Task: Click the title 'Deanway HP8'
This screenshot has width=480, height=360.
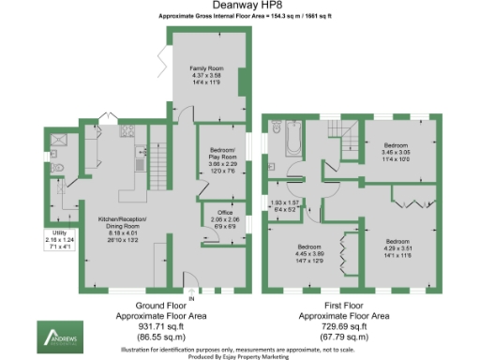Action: click(240, 7)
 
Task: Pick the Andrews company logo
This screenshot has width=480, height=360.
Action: click(59, 334)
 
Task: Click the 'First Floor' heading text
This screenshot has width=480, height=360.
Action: click(345, 307)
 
